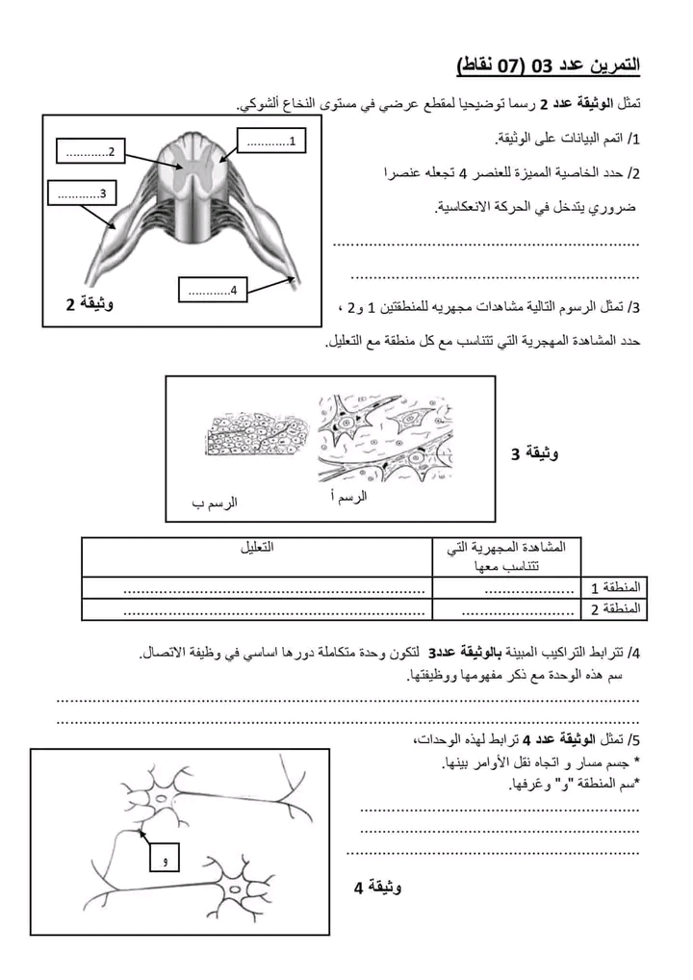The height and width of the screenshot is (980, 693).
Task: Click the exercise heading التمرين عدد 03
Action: tap(549, 64)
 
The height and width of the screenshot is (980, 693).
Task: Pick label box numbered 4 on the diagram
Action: tap(214, 290)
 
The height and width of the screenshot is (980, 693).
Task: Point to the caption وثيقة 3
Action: tap(534, 452)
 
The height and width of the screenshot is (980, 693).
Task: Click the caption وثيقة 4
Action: tap(378, 887)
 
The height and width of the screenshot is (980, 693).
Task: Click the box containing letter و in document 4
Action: tap(165, 858)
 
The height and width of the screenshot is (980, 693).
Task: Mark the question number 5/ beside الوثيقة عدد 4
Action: tap(632, 739)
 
